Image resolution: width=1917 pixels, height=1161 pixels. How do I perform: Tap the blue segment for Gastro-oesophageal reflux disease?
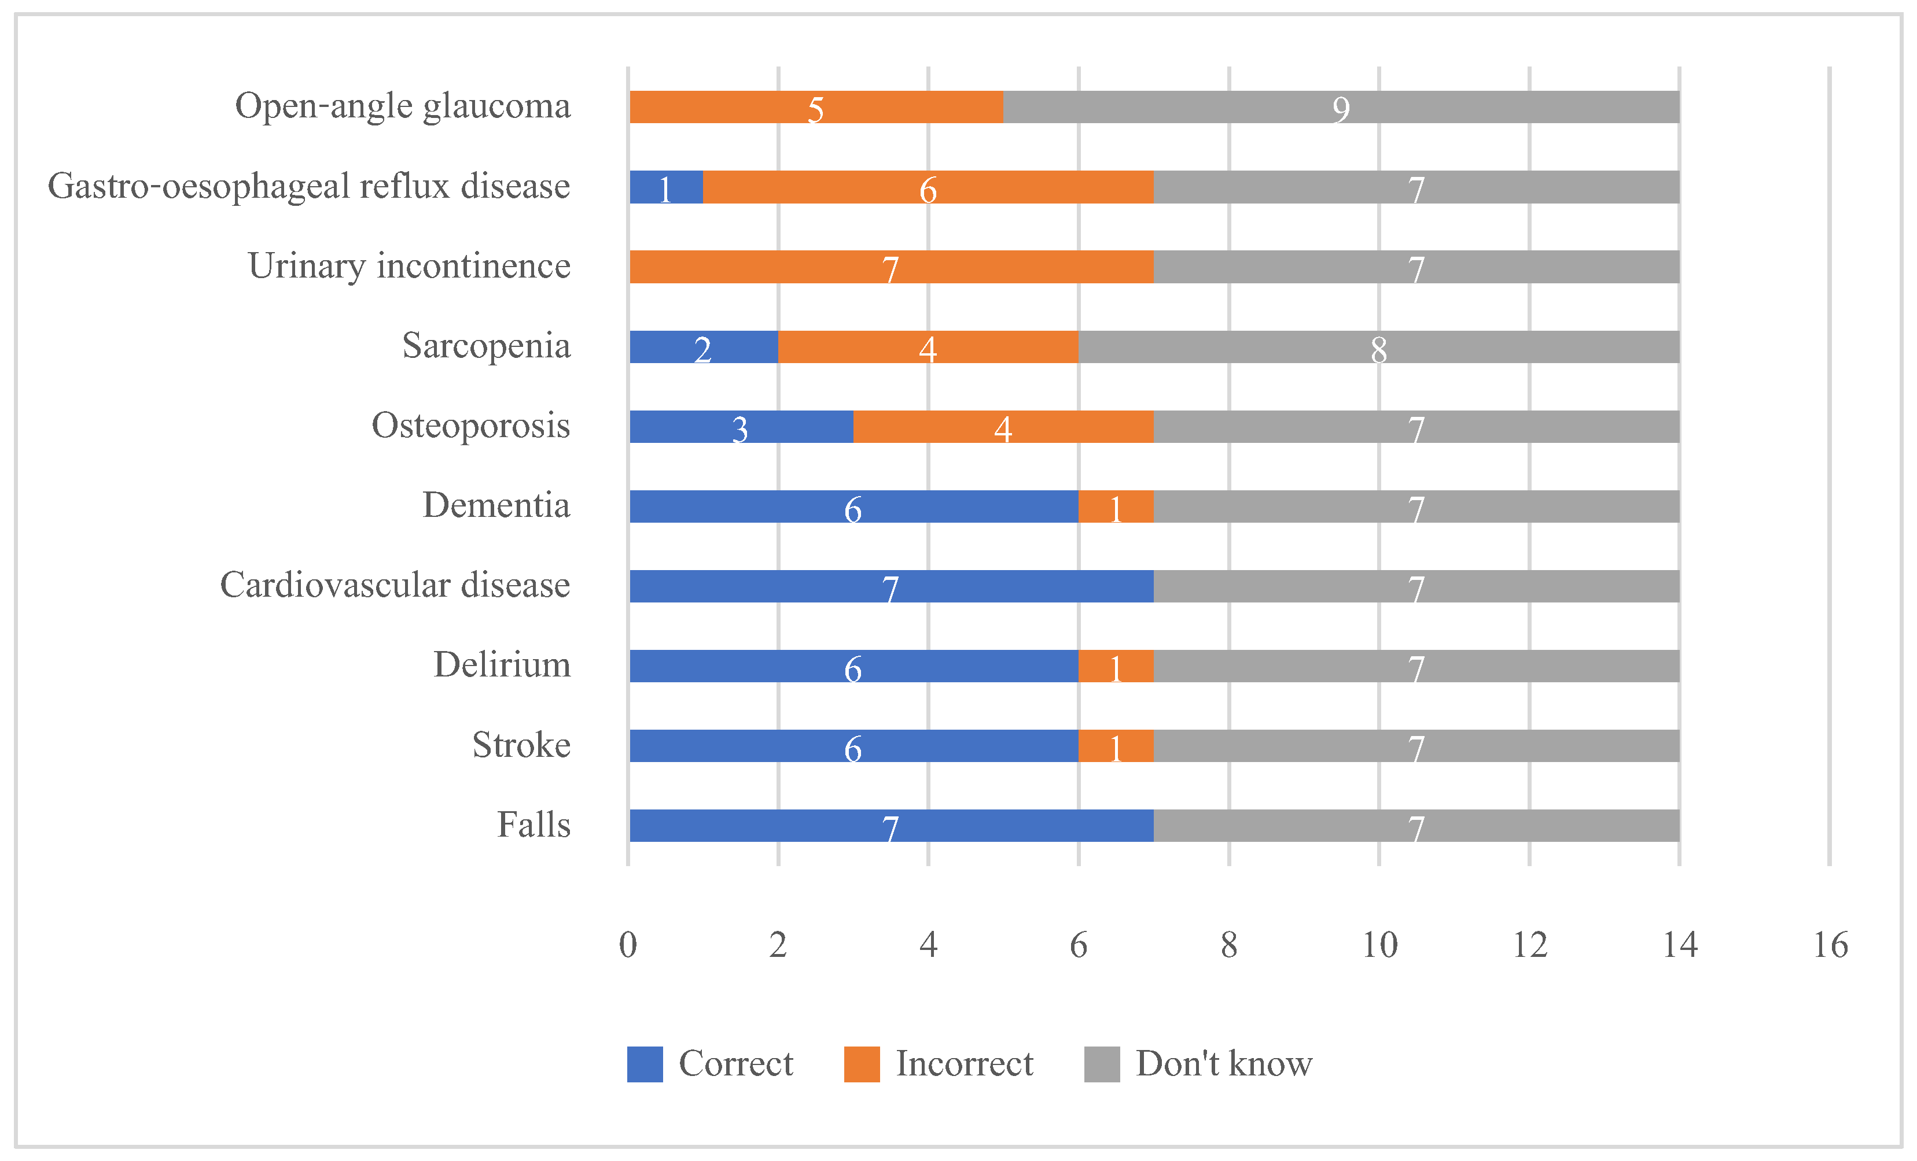666,187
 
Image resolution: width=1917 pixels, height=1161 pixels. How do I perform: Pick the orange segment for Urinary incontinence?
891,267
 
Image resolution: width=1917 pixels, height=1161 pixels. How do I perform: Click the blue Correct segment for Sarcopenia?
703,347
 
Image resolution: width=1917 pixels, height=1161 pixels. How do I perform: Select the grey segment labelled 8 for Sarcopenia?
1378,347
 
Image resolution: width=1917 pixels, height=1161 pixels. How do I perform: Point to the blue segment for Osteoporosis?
741,427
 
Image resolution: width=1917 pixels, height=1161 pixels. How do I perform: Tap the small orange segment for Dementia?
1116,506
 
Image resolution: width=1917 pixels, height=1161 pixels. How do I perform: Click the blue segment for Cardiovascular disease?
891,586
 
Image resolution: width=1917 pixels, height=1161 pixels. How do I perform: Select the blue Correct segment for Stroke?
853,746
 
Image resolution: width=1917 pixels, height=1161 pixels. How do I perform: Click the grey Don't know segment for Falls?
1416,826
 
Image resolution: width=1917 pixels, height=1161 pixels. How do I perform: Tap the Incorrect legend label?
964,1064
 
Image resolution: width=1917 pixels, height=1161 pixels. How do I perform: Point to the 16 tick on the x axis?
1830,945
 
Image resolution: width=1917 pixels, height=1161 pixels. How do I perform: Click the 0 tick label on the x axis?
628,945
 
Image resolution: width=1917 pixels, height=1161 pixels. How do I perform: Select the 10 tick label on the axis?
1379,945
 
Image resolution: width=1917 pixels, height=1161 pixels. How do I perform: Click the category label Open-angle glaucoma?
402,106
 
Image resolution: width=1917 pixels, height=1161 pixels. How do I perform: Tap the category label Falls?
533,825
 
